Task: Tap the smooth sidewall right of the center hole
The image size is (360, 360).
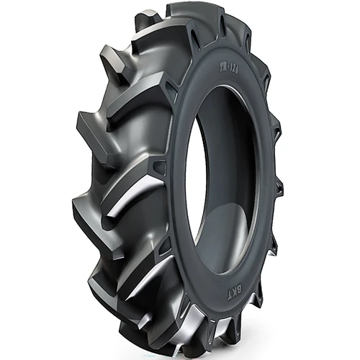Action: coord(263,180)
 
